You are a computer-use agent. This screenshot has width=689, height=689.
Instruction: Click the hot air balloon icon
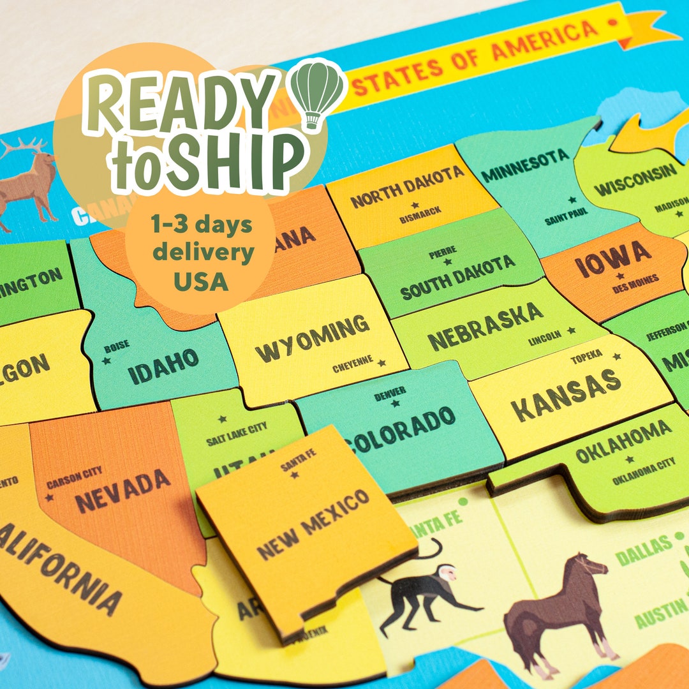coord(318,93)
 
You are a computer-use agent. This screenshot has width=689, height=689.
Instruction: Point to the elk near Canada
coord(29,179)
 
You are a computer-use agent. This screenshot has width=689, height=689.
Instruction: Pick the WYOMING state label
coord(312,338)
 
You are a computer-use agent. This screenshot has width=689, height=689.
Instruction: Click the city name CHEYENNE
coord(353,364)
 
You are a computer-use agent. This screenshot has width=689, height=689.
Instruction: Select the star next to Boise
coord(107,360)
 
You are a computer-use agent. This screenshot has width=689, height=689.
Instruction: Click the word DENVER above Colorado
coord(390,394)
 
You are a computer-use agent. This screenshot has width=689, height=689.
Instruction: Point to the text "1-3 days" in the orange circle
coord(202,225)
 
